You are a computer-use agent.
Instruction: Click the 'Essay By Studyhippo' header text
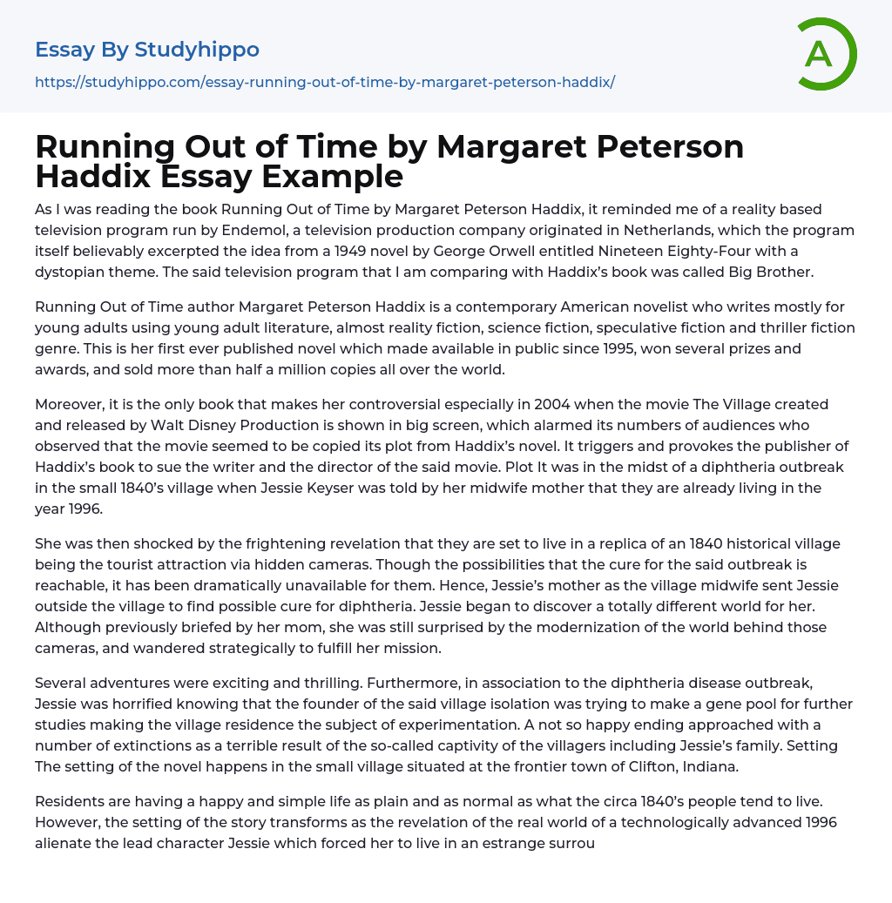(x=147, y=50)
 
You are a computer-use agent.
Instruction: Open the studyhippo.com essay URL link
(x=325, y=83)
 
